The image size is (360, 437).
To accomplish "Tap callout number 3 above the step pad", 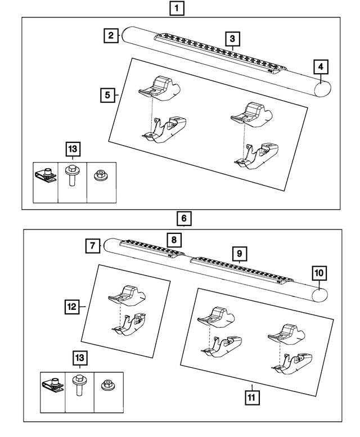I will (x=231, y=39).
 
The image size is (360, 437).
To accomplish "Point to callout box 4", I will (x=320, y=67).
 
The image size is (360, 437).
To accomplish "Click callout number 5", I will (x=108, y=95).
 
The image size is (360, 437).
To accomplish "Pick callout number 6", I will (x=183, y=218).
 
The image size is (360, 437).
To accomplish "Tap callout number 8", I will (x=174, y=240).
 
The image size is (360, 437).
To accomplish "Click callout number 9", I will (x=238, y=253).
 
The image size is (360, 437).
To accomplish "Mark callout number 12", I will (x=71, y=307).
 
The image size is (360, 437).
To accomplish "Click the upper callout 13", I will (x=73, y=149).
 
